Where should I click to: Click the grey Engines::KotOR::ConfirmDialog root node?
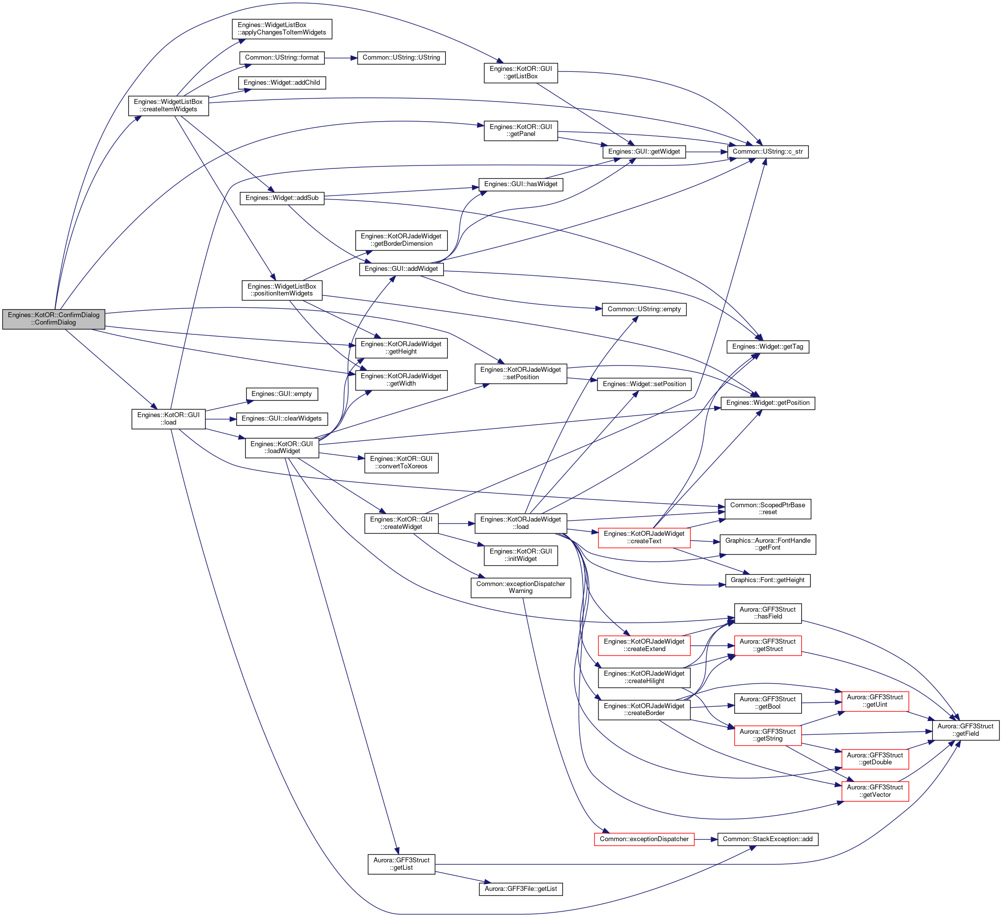54,319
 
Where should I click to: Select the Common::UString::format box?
282,58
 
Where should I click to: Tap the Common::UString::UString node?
401,58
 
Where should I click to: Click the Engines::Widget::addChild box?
282,83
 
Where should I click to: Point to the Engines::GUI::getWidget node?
644,152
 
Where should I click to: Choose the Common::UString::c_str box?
768,152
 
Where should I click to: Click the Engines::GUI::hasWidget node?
521,185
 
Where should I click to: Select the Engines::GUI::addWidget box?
401,269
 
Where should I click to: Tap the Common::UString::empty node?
644,309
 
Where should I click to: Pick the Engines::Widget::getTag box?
768,347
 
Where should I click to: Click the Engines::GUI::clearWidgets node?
282,419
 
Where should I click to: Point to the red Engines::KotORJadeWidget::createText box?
644,538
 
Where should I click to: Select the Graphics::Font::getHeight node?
768,580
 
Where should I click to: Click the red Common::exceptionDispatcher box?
644,839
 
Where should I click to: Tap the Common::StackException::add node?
768,839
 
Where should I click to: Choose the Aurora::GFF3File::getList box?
521,889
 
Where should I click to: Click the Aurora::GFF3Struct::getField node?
965,730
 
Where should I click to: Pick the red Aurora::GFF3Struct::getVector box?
875,791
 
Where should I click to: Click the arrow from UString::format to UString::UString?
341,58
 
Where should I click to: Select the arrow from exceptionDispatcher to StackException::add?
706,839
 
